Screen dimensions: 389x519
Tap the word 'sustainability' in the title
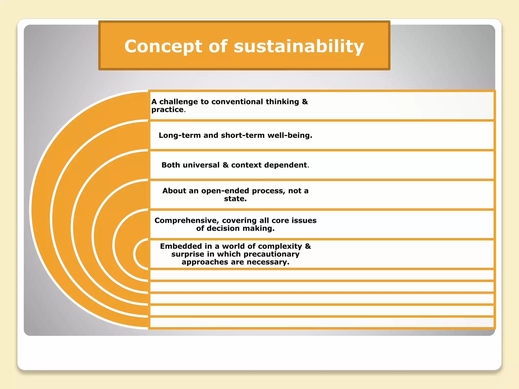pos(299,47)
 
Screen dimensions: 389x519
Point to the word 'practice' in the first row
pos(168,110)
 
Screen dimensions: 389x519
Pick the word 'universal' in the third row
pos(201,165)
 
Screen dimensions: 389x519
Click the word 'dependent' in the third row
pos(286,165)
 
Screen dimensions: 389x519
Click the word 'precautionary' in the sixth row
pos(271,254)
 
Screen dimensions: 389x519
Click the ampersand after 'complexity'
pos(308,246)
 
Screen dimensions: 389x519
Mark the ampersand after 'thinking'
pos(305,102)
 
